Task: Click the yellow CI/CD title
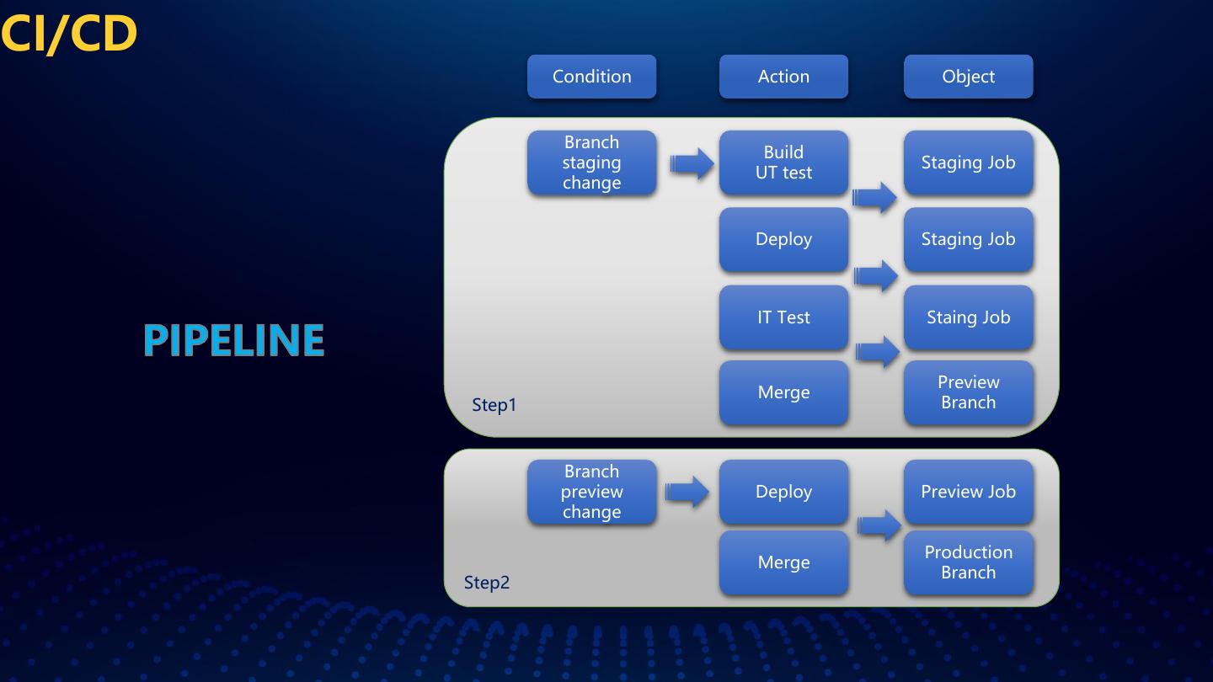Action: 69,34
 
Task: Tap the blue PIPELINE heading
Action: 233,340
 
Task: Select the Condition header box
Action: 591,77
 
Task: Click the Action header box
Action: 783,77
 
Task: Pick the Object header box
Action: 968,77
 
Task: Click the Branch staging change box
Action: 591,163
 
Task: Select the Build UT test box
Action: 783,163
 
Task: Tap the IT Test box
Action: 783,317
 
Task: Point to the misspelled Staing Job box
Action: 968,317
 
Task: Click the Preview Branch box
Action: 968,392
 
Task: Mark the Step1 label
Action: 494,405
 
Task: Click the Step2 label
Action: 487,583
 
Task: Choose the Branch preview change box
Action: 591,492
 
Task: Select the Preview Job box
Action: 968,492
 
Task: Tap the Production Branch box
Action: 968,562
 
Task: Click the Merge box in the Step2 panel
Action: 783,562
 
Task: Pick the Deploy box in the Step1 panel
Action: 783,239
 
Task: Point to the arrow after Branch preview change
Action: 687,492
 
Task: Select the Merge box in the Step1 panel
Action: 783,392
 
